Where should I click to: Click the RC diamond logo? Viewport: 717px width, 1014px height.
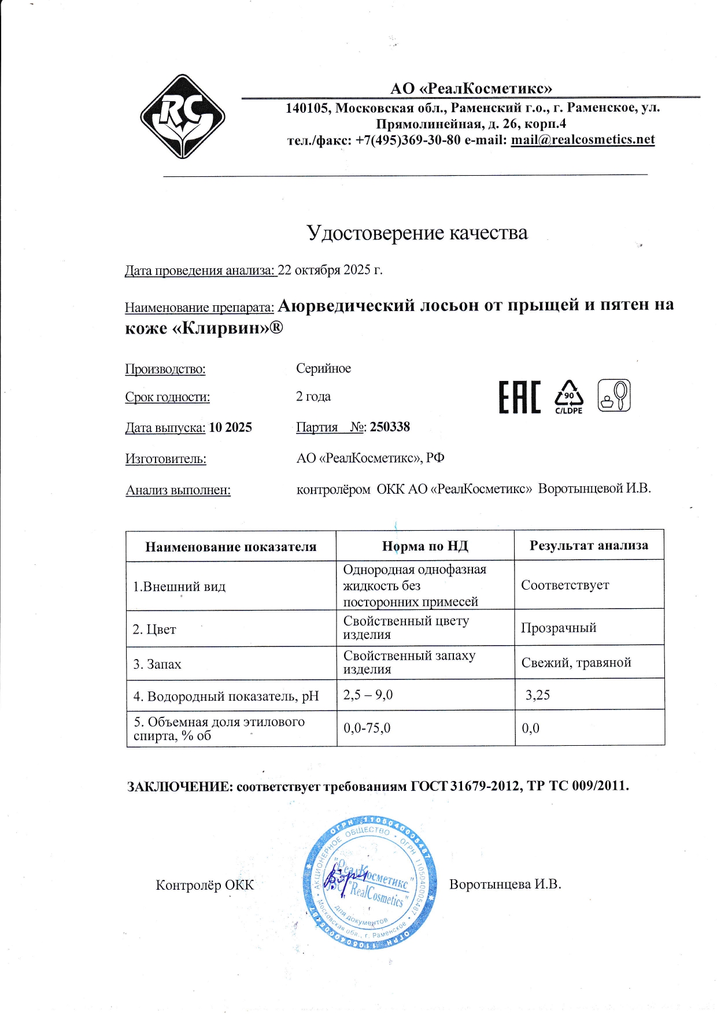(182, 117)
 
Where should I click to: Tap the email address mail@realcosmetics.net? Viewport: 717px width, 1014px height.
(582, 140)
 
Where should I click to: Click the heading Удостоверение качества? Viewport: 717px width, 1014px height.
(416, 232)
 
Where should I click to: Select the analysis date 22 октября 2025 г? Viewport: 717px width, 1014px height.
(330, 270)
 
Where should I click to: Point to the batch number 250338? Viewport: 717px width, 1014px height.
(390, 427)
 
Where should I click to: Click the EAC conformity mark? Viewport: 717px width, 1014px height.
(519, 397)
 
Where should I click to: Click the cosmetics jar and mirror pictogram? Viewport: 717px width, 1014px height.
(613, 395)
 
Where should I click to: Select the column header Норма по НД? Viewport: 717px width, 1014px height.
(425, 546)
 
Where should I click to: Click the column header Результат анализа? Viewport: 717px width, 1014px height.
(589, 545)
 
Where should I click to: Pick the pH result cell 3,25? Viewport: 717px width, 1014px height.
(537, 695)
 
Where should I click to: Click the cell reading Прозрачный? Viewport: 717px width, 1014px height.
(558, 628)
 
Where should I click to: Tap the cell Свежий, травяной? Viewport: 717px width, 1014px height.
(576, 663)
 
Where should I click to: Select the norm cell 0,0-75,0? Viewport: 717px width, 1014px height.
(367, 728)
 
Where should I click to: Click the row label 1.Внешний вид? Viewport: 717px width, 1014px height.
(179, 586)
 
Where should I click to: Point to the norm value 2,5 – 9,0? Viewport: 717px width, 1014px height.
(368, 695)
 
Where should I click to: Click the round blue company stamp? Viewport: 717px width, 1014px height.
(369, 882)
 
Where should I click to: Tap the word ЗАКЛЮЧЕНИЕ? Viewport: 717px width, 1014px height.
(180, 786)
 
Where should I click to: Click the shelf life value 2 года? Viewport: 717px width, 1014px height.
(313, 397)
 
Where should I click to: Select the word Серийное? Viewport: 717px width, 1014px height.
(323, 369)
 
